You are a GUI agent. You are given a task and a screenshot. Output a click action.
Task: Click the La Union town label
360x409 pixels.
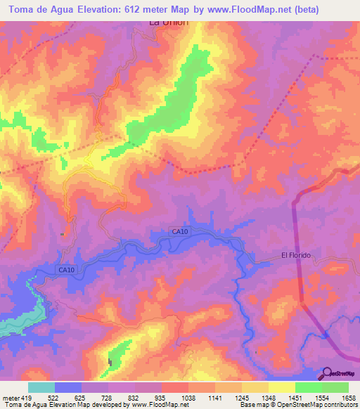pyautogui.click(x=169, y=22)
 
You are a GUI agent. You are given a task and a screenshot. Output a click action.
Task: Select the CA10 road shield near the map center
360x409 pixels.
pyautogui.click(x=179, y=232)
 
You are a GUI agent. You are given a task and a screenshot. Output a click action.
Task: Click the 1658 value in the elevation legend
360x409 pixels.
pyautogui.click(x=349, y=398)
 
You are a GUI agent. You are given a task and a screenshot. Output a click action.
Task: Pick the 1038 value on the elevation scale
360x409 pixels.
pyautogui.click(x=188, y=398)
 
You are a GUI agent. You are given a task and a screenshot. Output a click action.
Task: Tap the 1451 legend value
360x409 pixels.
pyautogui.click(x=295, y=398)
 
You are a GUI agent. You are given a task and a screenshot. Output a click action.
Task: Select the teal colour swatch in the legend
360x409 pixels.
pyautogui.click(x=41, y=387)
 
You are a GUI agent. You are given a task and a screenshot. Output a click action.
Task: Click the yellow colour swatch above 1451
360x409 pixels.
pyautogui.click(x=281, y=387)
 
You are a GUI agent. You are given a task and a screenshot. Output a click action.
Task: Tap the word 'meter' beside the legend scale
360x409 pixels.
pyautogui.click(x=8, y=398)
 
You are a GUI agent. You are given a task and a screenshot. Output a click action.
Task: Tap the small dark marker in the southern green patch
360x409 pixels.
pyautogui.click(x=110, y=362)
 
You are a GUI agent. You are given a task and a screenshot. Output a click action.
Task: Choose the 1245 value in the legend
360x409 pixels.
pyautogui.click(x=242, y=398)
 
